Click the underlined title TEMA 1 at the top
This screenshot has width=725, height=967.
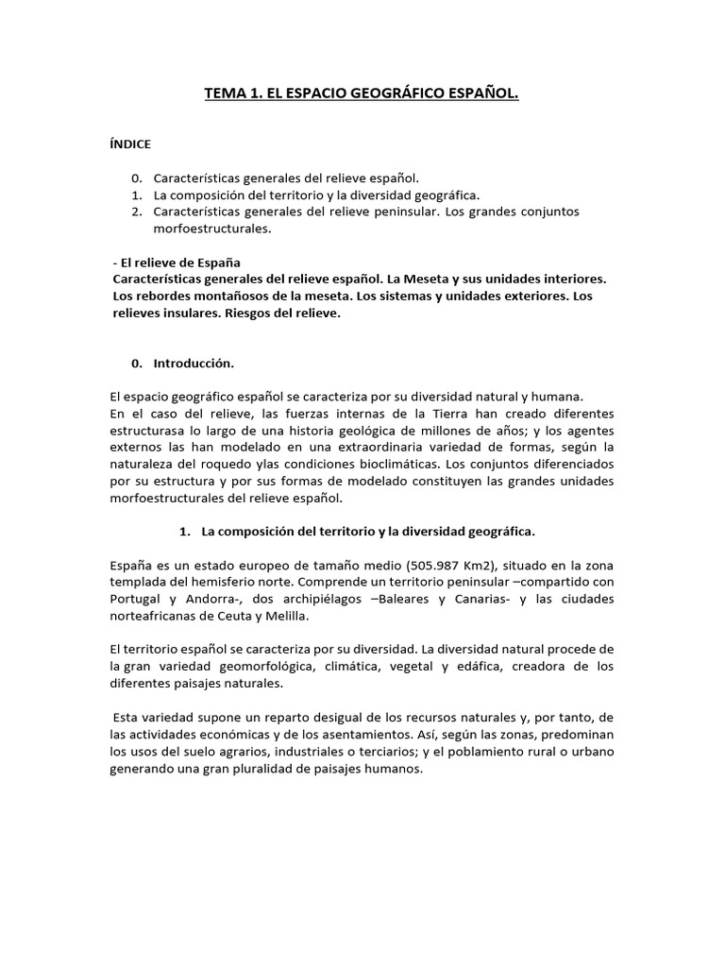(362, 94)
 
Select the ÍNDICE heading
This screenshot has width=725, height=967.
(131, 144)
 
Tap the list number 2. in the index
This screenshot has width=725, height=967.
(137, 212)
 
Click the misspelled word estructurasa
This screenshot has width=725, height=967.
(151, 432)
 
